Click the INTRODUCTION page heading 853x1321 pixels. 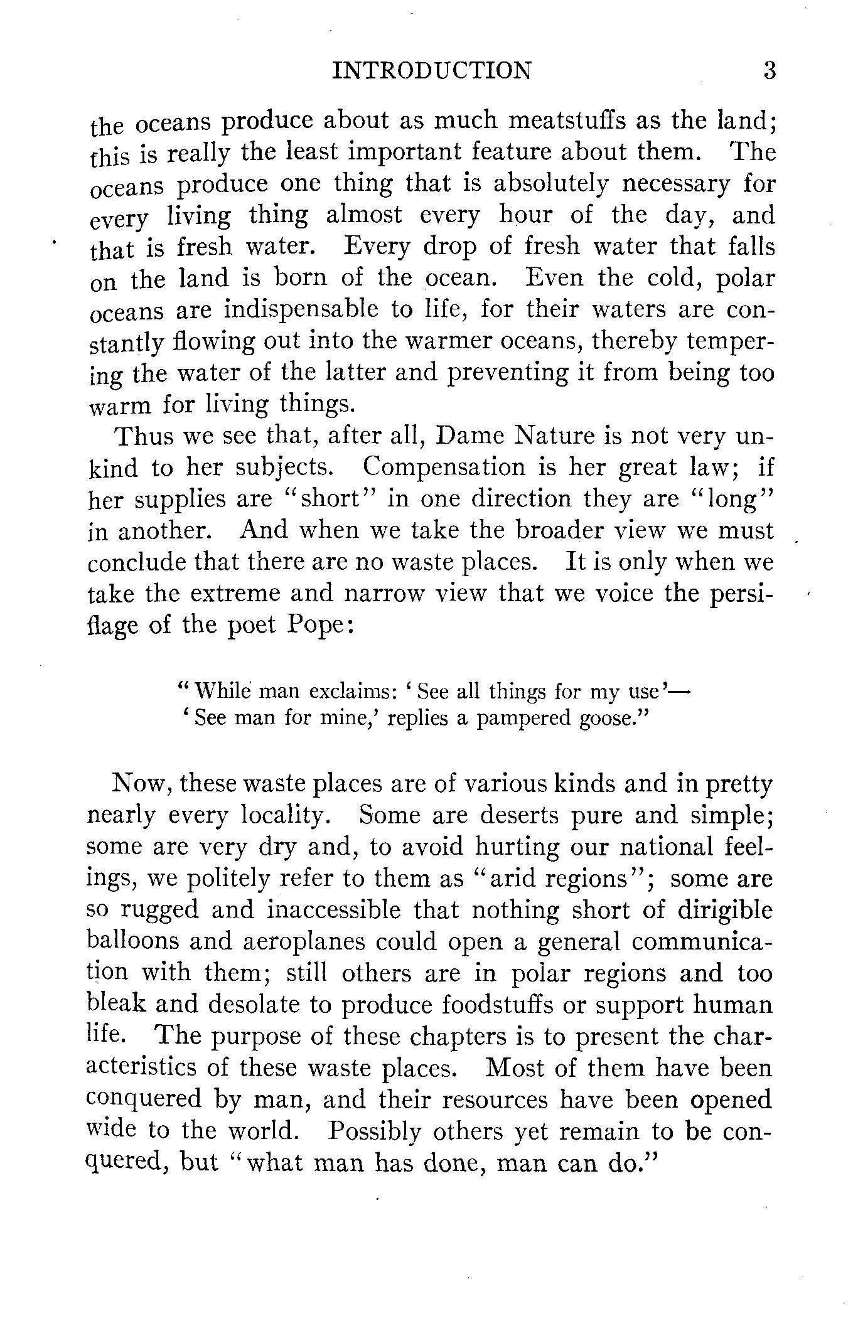431,71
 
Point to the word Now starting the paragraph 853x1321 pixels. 141,784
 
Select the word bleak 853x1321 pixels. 115,1005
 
